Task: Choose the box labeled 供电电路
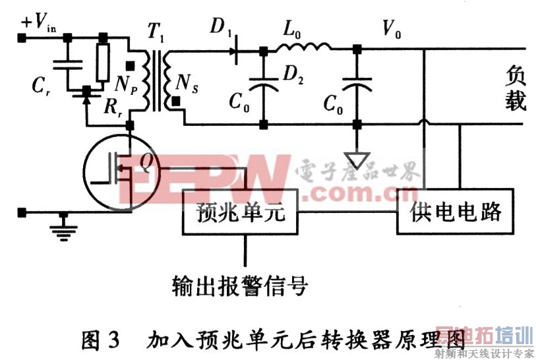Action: pos(456,212)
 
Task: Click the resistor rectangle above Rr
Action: pos(102,63)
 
